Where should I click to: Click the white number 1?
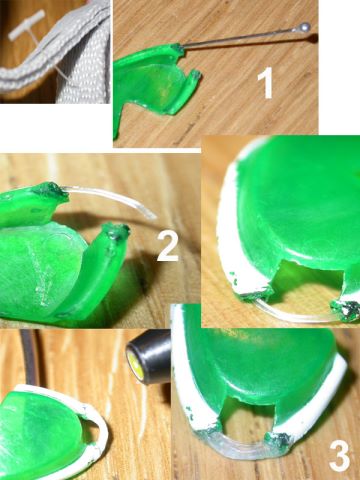[266, 83]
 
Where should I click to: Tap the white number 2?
[168, 246]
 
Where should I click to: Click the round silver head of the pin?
[305, 26]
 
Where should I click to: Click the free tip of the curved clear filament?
[154, 217]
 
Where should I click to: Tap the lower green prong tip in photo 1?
[195, 74]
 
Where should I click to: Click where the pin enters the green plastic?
[180, 46]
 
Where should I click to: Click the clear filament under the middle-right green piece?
[293, 317]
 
